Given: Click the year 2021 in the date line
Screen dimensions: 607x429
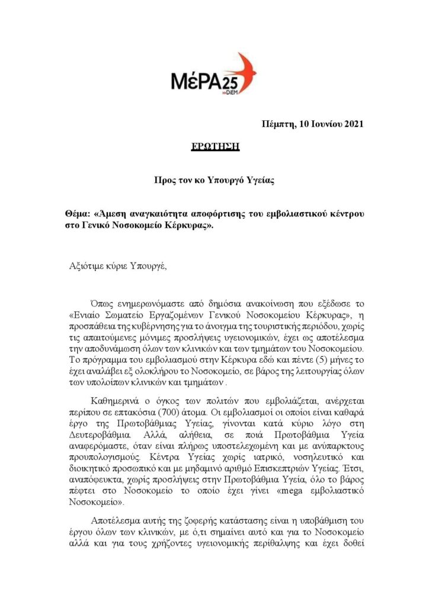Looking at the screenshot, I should click(x=350, y=124).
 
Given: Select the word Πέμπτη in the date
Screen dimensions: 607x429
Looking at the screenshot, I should click(x=277, y=124).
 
